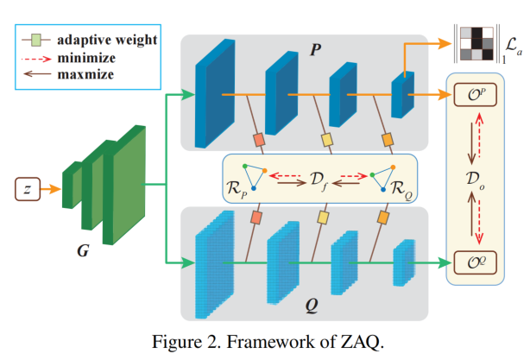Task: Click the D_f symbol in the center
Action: point(319,179)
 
